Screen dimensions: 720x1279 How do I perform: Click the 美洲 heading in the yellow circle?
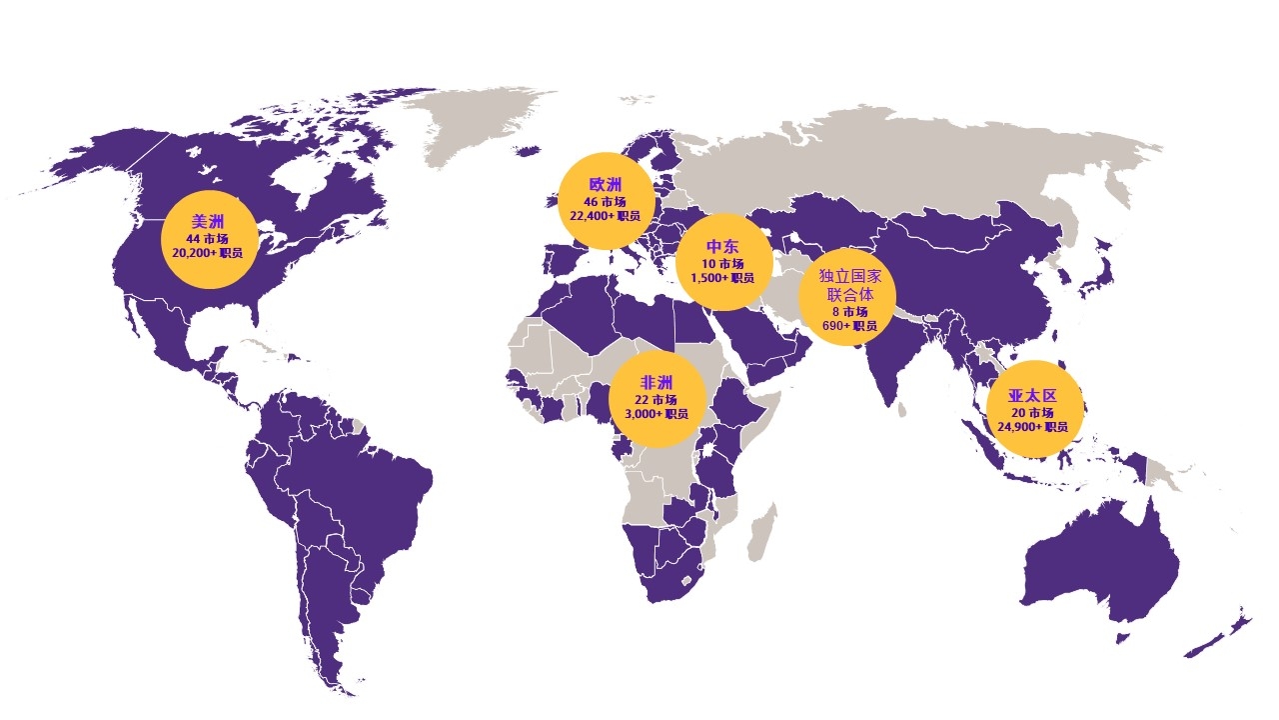click(x=208, y=222)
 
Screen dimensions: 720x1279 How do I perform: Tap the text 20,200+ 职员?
click(x=208, y=253)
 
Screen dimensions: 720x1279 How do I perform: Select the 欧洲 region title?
click(x=606, y=185)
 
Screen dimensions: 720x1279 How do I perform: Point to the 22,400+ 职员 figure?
click(x=606, y=215)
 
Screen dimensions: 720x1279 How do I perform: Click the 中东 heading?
click(x=722, y=247)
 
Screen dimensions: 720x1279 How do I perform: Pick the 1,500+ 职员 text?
click(x=722, y=277)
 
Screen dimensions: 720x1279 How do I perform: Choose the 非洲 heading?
click(x=656, y=383)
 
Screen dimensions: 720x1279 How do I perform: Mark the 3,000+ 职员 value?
click(x=656, y=413)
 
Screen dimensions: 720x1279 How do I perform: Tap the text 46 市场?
click(x=606, y=201)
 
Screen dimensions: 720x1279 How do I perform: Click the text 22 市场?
click(x=656, y=399)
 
